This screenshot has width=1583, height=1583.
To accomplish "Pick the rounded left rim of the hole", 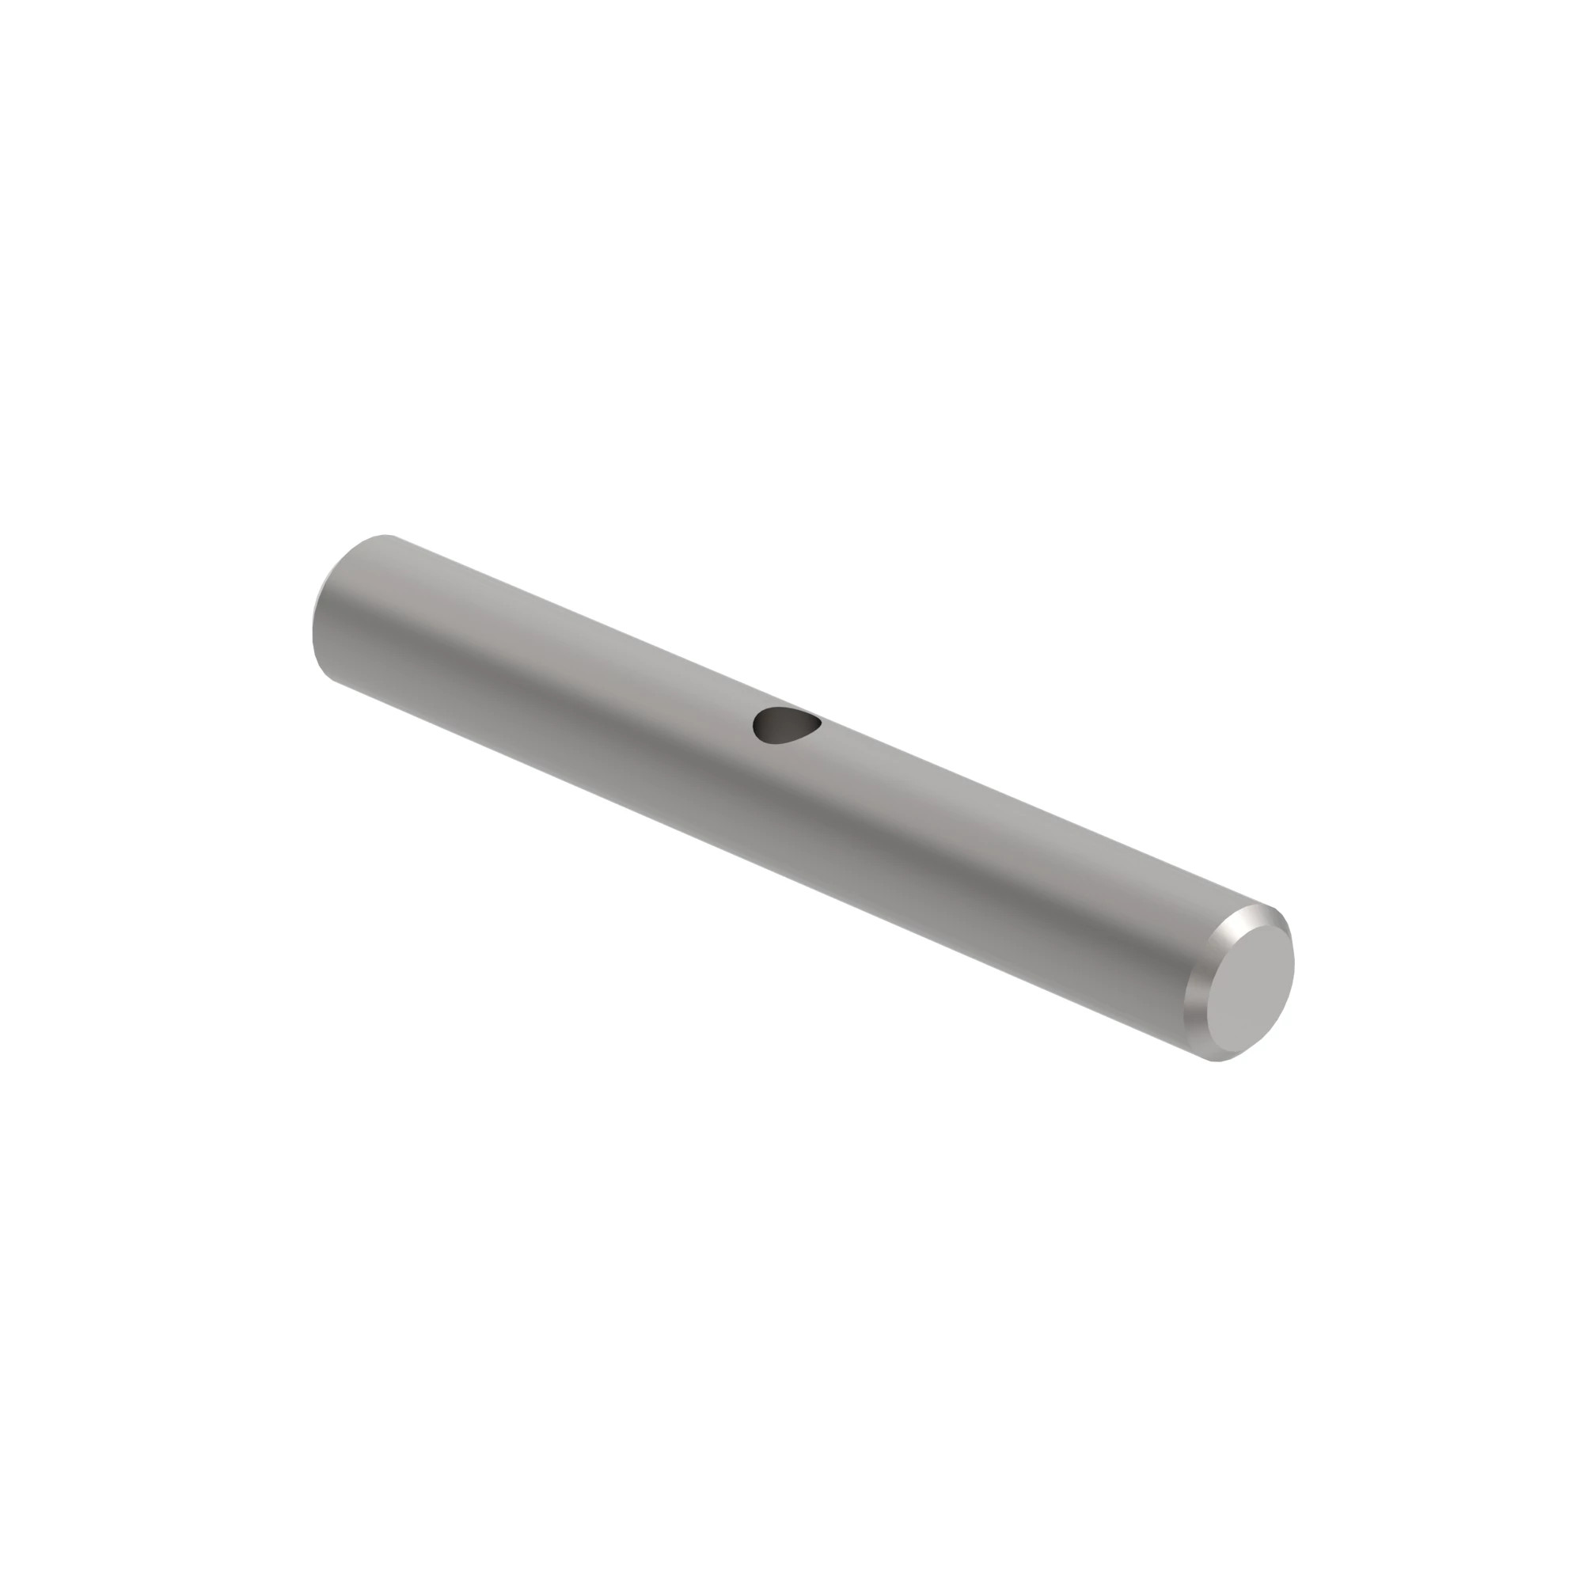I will (x=756, y=724).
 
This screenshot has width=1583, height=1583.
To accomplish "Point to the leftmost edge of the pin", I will (x=312, y=623).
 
